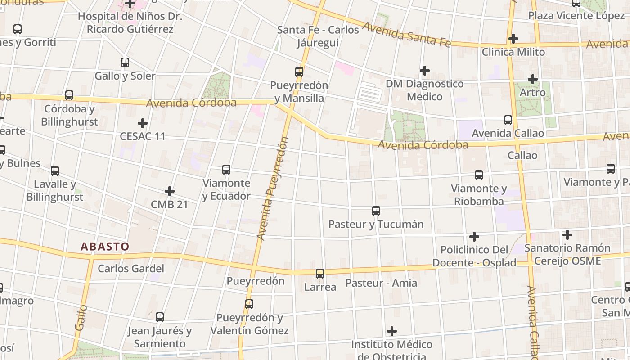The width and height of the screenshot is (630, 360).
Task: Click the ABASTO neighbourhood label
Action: click(105, 247)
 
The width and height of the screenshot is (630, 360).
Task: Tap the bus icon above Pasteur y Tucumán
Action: click(376, 211)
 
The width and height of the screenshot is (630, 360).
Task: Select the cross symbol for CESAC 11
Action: click(143, 123)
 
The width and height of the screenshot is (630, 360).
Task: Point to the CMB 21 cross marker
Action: click(170, 191)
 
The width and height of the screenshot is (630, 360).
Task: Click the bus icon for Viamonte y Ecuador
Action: click(226, 170)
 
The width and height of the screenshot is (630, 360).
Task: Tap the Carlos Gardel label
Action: click(131, 269)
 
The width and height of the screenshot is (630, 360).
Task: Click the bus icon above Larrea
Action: click(320, 273)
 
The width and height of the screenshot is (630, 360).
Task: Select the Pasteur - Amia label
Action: click(381, 283)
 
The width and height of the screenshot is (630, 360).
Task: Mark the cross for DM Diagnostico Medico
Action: click(424, 71)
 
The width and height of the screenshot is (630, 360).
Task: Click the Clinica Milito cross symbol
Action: click(513, 39)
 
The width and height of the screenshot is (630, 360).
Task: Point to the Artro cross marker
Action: click(533, 79)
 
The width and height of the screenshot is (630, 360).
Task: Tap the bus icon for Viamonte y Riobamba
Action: click(479, 175)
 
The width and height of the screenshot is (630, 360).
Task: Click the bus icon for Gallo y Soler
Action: click(125, 63)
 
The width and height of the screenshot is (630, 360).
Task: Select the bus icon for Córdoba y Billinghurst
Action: click(69, 95)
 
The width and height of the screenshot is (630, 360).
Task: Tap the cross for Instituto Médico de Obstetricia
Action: click(392, 331)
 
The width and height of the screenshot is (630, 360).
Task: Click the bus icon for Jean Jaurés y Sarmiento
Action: click(160, 317)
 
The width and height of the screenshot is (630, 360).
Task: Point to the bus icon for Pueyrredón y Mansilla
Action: click(299, 72)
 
